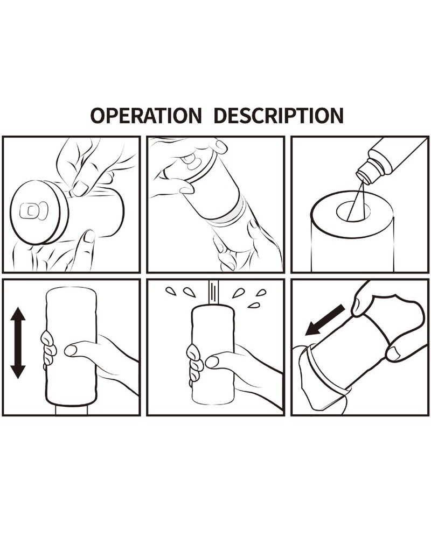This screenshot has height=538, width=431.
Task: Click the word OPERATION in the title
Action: (146, 115)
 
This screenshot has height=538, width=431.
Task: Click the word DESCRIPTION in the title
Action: (279, 115)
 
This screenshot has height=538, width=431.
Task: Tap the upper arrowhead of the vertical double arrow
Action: (18, 314)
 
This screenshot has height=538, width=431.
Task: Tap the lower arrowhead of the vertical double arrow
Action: (18, 372)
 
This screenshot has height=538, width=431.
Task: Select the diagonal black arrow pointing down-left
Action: (325, 320)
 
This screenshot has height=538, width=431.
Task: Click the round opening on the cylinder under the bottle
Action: (353, 210)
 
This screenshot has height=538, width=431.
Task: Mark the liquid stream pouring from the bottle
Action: (356, 201)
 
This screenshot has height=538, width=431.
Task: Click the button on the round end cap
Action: (33, 211)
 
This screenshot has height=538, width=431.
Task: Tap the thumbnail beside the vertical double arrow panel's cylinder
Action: (71, 350)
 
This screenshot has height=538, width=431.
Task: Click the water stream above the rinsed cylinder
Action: (213, 293)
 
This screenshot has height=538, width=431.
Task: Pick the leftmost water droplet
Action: (171, 291)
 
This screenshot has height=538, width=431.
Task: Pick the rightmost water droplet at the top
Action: (262, 293)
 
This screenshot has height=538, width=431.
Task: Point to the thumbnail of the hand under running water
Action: (212, 362)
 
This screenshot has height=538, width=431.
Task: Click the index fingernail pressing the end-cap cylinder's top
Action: (80, 188)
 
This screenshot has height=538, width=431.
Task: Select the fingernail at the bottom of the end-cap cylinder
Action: (89, 236)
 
